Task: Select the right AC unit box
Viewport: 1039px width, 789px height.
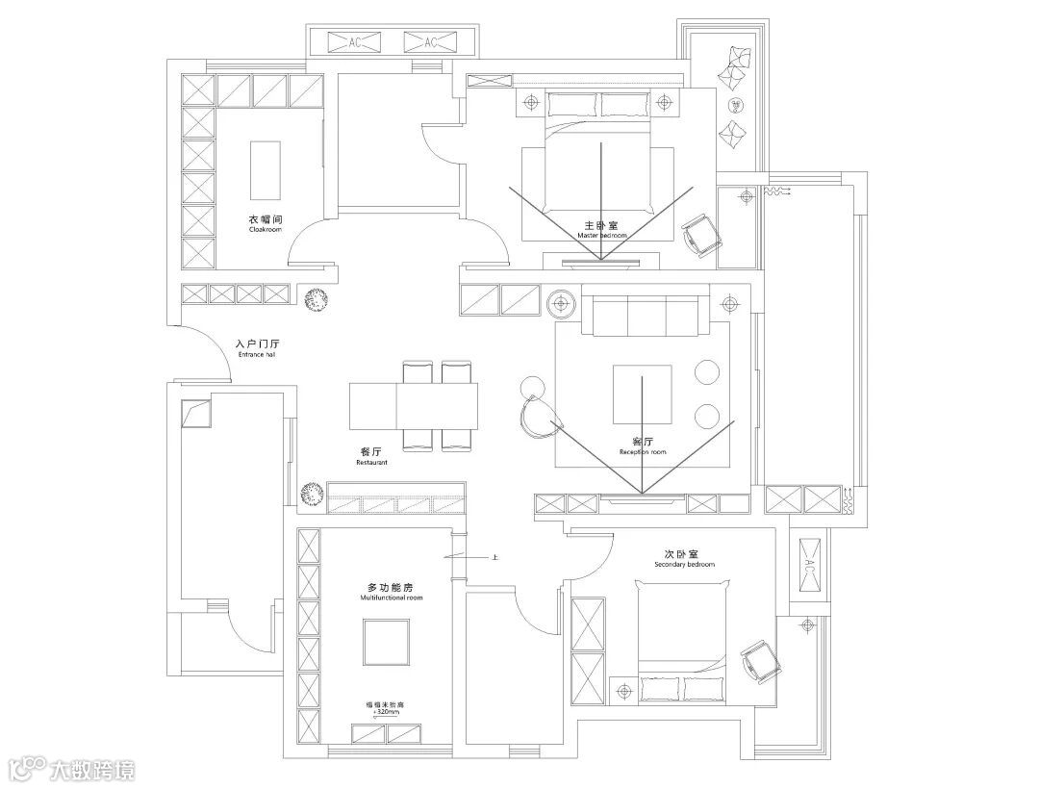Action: pos(430,42)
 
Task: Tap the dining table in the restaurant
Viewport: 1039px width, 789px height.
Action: pos(413,406)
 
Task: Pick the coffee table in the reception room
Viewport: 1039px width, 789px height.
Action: pos(636,394)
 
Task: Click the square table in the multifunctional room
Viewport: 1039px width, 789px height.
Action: pos(387,643)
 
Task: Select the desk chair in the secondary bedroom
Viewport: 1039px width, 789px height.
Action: pos(757,660)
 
